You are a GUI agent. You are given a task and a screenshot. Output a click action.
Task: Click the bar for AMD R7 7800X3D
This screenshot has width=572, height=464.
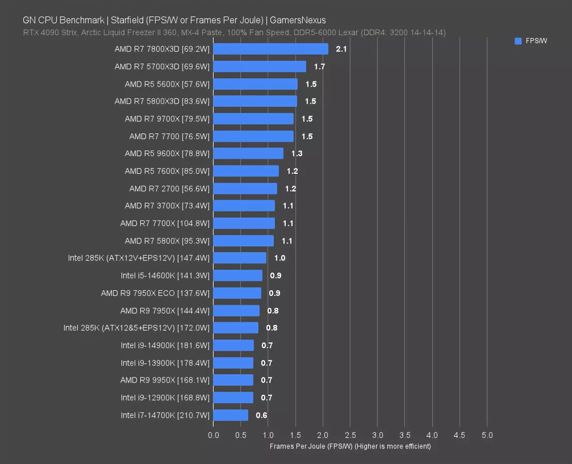pos(270,49)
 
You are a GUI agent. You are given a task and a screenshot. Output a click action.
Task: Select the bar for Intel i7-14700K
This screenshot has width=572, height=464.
pos(231,415)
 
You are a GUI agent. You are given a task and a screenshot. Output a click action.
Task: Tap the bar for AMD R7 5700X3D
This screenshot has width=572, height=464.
pos(259,67)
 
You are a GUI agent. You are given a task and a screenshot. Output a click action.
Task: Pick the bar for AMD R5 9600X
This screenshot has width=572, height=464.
pos(248,154)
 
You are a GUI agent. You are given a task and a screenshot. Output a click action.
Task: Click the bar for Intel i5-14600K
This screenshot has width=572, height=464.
pos(238,275)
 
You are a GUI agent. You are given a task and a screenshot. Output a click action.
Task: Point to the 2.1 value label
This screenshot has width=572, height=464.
pos(341,49)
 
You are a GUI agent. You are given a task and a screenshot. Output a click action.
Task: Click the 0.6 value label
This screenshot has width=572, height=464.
pos(262,415)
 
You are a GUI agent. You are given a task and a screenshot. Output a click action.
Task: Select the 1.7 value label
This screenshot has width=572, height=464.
pos(319,67)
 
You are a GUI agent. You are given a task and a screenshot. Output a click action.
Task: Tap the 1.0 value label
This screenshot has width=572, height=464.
pos(280,258)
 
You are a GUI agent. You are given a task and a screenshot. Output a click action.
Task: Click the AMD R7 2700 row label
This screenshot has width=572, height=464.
pos(169,189)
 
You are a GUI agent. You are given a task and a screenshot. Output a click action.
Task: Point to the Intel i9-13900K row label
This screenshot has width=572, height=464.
pos(165,363)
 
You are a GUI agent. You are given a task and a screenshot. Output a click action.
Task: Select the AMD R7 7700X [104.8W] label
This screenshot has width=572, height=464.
pos(165,223)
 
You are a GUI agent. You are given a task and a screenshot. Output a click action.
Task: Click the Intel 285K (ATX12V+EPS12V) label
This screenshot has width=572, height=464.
pos(139,258)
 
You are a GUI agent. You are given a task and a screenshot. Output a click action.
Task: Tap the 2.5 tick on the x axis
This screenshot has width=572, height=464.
pos(350,435)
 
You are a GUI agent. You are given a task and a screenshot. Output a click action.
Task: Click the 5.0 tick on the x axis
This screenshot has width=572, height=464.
pos(487,435)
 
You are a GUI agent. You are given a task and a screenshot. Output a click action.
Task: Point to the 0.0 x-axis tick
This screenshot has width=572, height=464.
pos(214,435)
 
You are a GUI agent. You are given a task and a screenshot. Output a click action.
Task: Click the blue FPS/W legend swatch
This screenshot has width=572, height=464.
pos(518,41)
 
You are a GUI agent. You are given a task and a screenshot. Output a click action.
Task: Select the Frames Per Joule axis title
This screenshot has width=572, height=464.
pos(350,446)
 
